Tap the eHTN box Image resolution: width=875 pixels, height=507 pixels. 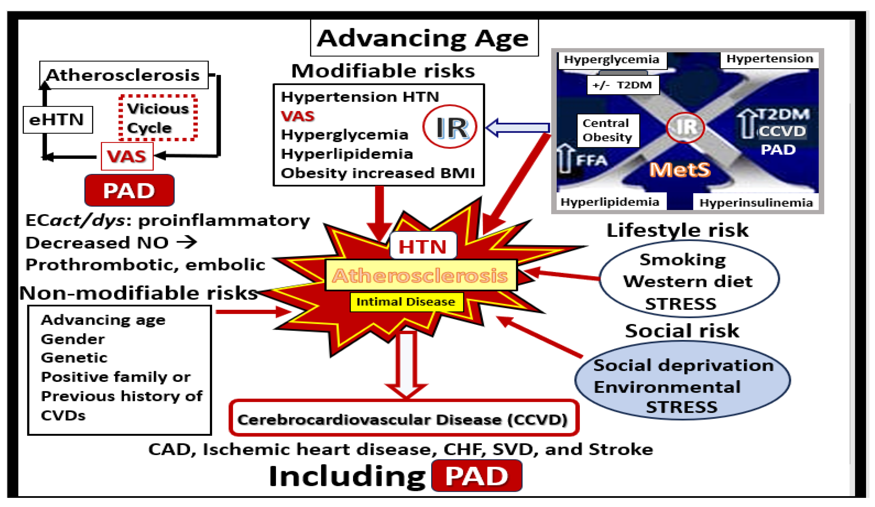point(58,120)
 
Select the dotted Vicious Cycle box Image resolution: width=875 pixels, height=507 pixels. point(158,118)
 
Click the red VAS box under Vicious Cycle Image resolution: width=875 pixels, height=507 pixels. point(127,157)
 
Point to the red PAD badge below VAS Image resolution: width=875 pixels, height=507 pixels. point(129,190)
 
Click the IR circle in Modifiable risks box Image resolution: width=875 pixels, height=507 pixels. point(450,127)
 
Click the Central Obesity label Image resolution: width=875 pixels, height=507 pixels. point(608,130)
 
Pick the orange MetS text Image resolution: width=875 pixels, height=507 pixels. point(680,170)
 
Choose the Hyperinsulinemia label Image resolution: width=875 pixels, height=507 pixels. point(756,203)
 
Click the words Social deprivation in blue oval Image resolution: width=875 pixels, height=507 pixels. point(683,366)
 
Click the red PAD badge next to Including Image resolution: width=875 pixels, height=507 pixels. point(477,476)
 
